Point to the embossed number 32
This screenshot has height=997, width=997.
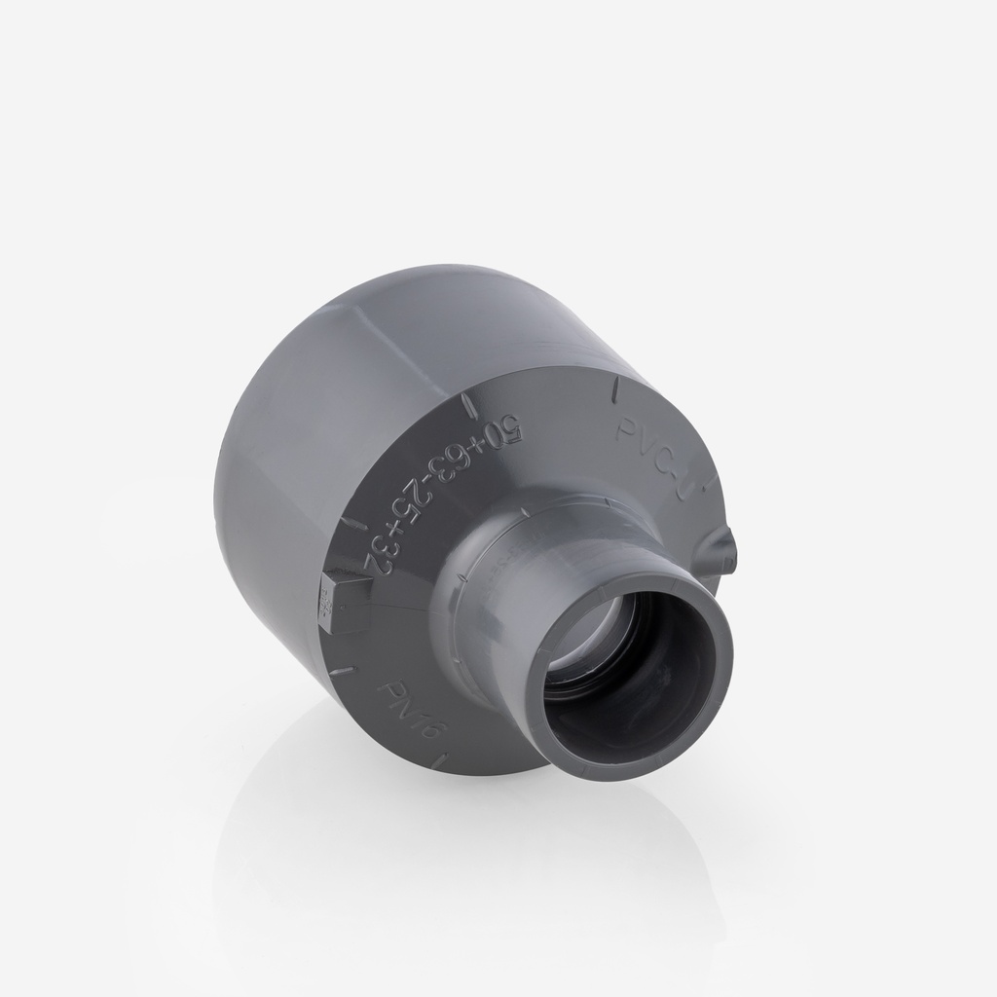click(x=375, y=552)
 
